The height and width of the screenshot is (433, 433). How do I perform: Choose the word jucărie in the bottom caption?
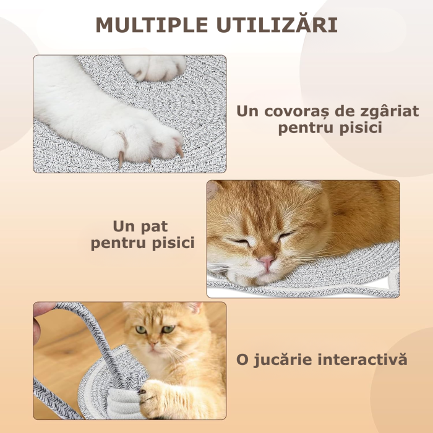click(283, 359)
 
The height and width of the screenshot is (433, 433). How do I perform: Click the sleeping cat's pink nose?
click(267, 262)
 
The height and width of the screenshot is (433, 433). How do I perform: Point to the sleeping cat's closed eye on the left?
click(239, 241)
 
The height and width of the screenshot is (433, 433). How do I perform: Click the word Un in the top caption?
click(246, 112)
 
